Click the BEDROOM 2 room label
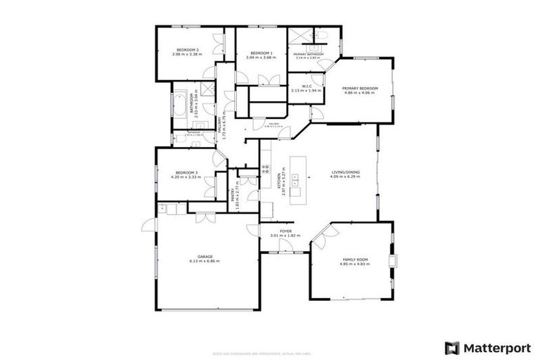point(188,49)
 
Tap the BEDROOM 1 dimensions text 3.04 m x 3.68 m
point(261,58)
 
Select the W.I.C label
point(306,85)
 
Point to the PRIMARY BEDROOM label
point(361,88)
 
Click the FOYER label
point(285,231)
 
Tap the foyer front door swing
point(286,245)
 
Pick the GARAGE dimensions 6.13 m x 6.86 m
point(205,261)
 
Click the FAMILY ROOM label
point(355,259)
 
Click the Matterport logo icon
point(452,347)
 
